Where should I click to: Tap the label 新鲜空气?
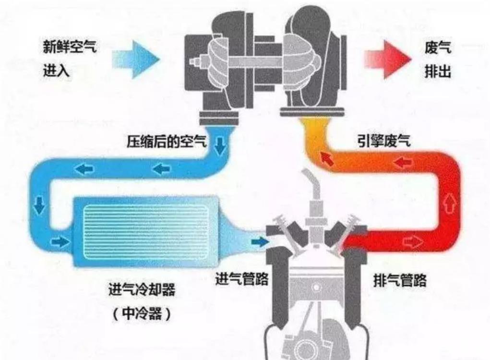(70, 47)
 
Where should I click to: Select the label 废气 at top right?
(438, 47)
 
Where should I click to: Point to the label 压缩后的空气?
(167, 141)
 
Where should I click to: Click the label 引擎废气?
(384, 141)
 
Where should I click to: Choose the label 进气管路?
(242, 278)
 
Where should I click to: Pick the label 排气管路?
(400, 280)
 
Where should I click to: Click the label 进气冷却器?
(142, 289)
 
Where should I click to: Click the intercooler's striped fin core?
(146, 232)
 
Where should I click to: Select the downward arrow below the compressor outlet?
(221, 145)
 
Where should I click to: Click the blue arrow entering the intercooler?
(60, 241)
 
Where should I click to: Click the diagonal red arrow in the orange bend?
(326, 159)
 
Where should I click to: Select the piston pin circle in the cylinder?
(316, 287)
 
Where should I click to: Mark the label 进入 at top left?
(56, 71)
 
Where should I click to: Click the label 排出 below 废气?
(438, 71)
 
